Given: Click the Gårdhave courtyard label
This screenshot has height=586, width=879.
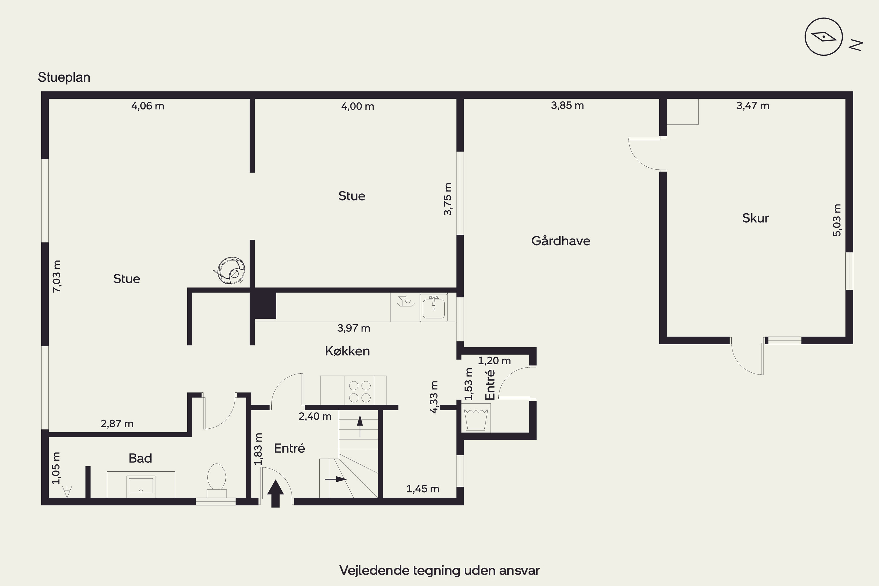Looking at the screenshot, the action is click(x=561, y=241).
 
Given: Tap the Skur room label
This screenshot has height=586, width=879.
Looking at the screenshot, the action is click(x=755, y=218).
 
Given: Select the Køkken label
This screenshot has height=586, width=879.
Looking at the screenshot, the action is click(x=347, y=351).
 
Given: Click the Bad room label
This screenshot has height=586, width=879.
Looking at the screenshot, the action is click(x=140, y=458).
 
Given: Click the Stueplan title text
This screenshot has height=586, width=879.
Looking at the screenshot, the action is click(x=64, y=77).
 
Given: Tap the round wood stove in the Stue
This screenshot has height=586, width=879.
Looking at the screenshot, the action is click(x=231, y=270).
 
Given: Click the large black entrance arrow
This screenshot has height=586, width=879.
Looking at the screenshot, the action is click(x=275, y=494).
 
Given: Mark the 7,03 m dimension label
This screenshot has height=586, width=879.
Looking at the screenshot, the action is click(x=57, y=276).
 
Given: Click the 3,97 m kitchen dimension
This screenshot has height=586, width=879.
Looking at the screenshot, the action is click(x=354, y=328).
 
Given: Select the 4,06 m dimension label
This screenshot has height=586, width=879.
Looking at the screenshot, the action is click(x=148, y=106).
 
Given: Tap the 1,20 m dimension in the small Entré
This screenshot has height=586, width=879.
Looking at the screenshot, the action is click(x=494, y=361).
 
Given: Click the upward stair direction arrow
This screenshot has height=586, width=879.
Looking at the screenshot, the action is click(x=360, y=426).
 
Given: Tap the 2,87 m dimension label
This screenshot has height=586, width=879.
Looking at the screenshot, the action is click(x=117, y=423).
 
